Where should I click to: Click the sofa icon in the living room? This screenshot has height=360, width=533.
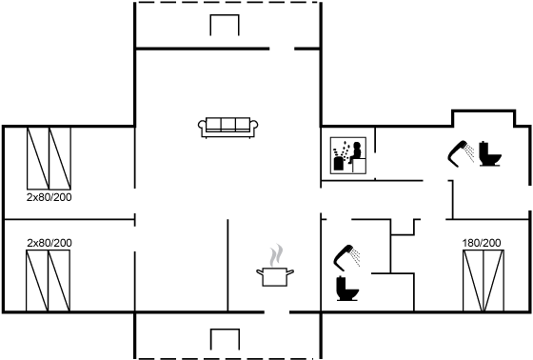[x=227, y=128]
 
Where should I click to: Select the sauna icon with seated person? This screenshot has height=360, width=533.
[x=348, y=155]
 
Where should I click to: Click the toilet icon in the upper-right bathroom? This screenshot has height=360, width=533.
[x=490, y=153]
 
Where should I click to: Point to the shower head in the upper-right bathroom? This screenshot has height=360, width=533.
[x=461, y=153]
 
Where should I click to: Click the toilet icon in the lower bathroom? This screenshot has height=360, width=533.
[x=347, y=289]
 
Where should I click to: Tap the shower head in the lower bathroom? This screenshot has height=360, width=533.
[x=346, y=257]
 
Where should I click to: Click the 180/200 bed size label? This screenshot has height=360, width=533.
[x=482, y=243]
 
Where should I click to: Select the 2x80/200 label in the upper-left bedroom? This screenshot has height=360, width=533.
[x=49, y=197]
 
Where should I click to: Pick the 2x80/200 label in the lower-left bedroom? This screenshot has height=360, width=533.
[x=49, y=243]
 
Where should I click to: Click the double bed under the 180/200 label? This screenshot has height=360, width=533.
[x=484, y=281]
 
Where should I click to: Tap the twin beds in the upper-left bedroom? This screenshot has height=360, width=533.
[x=49, y=158]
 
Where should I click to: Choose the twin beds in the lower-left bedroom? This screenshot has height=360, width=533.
[x=48, y=281]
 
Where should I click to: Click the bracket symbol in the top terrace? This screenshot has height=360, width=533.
[x=225, y=15]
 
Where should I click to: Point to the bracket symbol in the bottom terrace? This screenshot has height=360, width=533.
[x=225, y=330]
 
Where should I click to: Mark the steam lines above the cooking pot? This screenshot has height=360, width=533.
[x=276, y=255]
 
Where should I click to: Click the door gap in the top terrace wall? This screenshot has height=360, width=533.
[x=282, y=49]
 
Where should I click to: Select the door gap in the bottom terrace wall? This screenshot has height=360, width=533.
[x=277, y=312]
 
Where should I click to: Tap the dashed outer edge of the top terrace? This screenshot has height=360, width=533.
[x=227, y=3]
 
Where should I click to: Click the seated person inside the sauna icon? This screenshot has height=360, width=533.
[x=356, y=152]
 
